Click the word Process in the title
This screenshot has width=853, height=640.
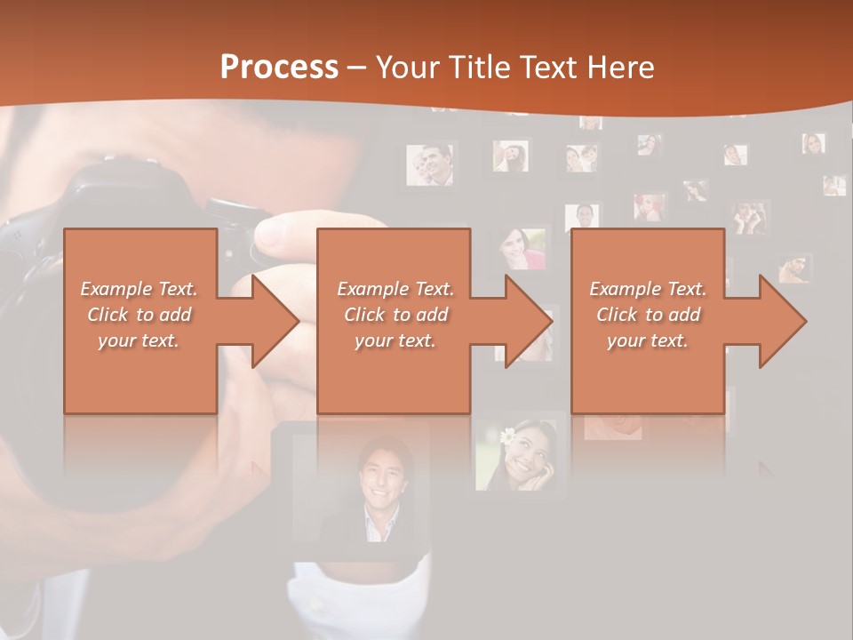click(x=279, y=67)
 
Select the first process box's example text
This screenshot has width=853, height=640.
click(x=139, y=315)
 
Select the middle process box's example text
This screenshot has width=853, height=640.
click(x=395, y=315)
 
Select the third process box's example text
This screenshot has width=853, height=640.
click(x=648, y=315)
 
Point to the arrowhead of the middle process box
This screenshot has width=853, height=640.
click(x=528, y=321)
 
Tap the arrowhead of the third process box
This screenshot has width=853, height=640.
click(x=782, y=321)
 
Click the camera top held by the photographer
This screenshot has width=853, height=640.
click(x=116, y=178)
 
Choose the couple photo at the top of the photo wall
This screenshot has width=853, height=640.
click(x=430, y=164)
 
